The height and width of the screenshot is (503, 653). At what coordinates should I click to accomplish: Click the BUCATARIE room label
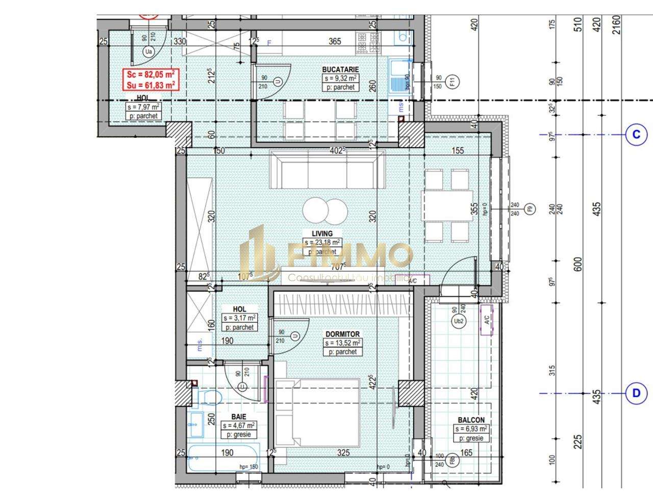(x=340, y=69)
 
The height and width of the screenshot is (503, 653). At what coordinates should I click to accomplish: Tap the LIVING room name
(x=322, y=233)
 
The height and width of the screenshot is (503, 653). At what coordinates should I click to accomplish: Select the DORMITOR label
(x=342, y=334)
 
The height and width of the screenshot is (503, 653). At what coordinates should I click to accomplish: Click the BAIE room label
(x=238, y=417)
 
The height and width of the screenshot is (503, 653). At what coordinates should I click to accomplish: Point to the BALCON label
(x=471, y=420)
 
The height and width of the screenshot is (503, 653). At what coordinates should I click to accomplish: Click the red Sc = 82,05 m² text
(x=150, y=75)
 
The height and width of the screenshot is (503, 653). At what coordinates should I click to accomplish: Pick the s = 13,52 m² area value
(x=343, y=343)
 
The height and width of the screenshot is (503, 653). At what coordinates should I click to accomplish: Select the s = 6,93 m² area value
(x=471, y=429)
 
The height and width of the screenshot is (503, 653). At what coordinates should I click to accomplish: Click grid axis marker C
(x=636, y=135)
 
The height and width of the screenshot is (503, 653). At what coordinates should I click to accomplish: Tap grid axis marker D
(x=636, y=393)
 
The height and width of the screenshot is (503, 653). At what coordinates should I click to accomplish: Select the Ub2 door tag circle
(x=458, y=321)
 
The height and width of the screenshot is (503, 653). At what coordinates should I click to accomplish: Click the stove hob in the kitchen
(x=368, y=43)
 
